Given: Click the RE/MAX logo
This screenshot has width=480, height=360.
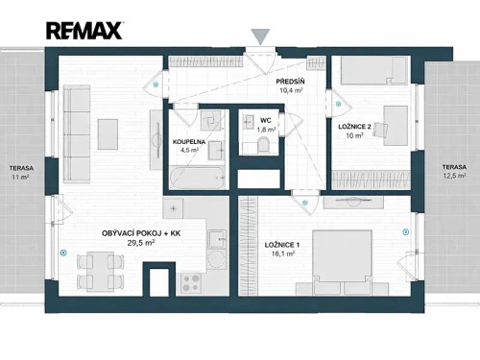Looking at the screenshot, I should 84,31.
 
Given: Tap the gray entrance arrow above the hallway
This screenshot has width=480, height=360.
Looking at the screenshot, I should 260,37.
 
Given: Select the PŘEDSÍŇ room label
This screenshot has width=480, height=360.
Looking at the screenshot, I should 291,83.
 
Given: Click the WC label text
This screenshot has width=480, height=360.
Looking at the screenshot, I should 266,120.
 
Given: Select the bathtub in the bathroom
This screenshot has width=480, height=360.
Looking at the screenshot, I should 195,178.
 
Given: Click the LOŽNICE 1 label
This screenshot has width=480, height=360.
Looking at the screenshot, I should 284,245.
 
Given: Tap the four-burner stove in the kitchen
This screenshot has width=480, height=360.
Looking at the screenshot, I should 190,281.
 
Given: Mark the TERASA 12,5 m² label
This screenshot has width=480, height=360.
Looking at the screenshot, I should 454,171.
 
